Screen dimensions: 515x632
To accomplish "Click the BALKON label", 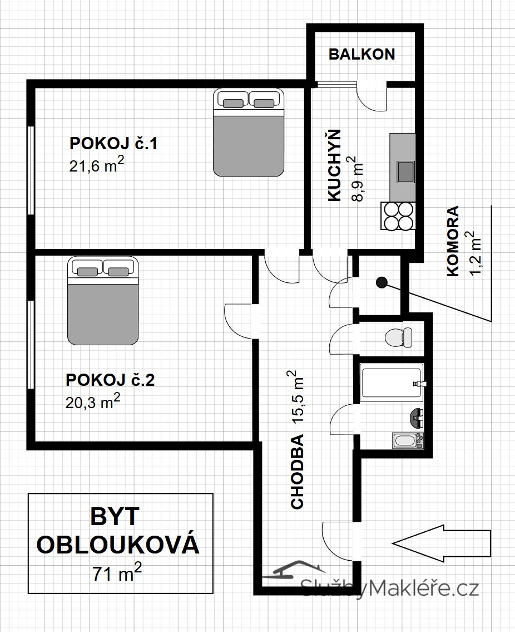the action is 362,54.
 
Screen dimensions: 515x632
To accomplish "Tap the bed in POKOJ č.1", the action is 249,132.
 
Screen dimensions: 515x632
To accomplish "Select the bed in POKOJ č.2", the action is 103,301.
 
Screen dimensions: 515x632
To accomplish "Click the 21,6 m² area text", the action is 96,165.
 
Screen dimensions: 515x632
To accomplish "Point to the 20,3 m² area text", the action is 93,401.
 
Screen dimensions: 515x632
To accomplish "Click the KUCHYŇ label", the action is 334,165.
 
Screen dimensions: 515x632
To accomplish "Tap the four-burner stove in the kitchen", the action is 398,215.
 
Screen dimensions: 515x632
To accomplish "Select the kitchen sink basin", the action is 405,172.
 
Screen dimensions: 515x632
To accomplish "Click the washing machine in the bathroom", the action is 408,440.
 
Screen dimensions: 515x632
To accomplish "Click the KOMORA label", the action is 453,241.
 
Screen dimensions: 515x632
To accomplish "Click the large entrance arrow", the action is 442,543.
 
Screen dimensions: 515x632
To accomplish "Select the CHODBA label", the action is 297,472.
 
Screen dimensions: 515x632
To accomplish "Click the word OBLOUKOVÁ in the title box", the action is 118,544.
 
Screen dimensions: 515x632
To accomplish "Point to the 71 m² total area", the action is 117,573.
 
